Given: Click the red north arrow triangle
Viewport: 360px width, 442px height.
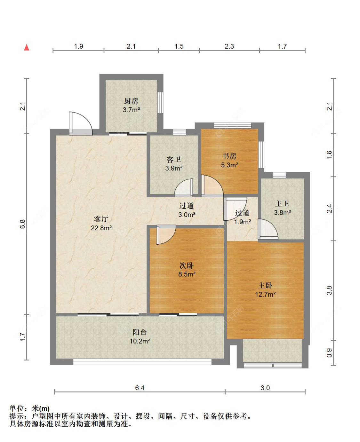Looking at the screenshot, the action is (26, 47).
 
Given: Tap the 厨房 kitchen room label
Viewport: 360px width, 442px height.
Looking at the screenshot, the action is (131, 101).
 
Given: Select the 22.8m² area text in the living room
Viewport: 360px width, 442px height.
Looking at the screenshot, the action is (101, 228).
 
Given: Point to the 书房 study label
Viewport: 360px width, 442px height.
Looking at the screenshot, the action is (229, 156).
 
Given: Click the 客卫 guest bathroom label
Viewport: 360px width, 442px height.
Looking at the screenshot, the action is (173, 159).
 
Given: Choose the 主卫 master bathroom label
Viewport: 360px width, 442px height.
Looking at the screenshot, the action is (282, 203).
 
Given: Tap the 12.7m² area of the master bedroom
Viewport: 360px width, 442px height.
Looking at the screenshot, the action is (265, 294).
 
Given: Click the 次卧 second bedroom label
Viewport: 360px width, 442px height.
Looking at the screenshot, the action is (187, 265).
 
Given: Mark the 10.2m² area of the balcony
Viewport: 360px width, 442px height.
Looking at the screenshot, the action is (140, 341).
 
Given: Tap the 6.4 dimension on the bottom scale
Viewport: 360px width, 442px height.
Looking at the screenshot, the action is (140, 388).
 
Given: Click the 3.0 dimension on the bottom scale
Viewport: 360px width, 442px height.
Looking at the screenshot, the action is (265, 388).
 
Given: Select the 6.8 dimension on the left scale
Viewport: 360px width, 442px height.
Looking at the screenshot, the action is (22, 224).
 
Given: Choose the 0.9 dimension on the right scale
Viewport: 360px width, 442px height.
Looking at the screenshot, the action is (330, 353).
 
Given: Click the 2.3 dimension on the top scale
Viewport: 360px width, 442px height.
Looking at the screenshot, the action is (229, 46).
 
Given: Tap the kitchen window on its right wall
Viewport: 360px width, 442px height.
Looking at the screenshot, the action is (160, 103).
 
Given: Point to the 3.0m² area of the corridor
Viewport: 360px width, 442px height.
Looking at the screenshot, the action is (187, 215).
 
